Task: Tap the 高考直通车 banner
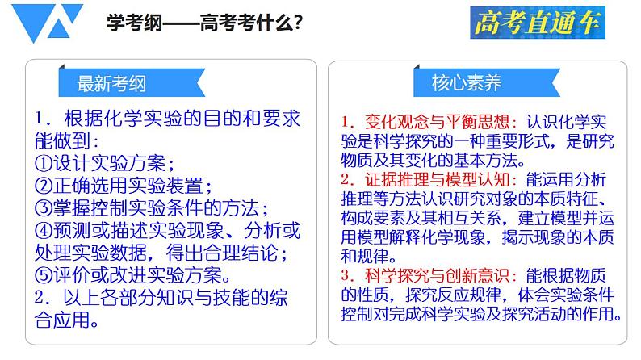(537, 24)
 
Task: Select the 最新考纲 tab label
(111, 83)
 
